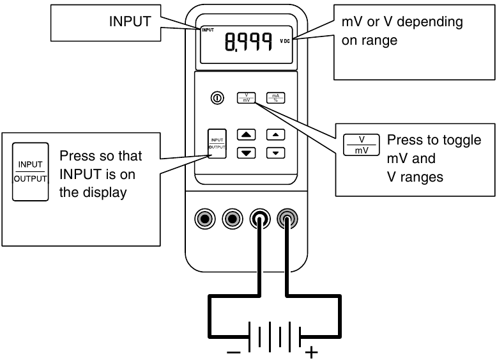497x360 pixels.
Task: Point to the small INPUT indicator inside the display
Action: pyautogui.click(x=208, y=30)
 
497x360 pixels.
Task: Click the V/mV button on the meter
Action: pyautogui.click(x=246, y=98)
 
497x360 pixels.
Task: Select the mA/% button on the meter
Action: pyautogui.click(x=275, y=98)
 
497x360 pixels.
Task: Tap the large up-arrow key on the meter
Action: pyautogui.click(x=247, y=135)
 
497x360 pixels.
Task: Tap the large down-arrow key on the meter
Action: pyautogui.click(x=247, y=153)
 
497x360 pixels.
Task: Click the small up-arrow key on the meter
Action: pyautogui.click(x=275, y=135)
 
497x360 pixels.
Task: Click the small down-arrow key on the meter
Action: pyautogui.click(x=275, y=153)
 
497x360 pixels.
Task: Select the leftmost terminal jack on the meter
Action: pyautogui.click(x=204, y=219)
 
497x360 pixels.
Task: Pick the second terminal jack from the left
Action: pyautogui.click(x=232, y=219)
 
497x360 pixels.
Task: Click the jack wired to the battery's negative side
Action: pyautogui.click(x=259, y=219)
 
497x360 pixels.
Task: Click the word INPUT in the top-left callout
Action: pyautogui.click(x=130, y=22)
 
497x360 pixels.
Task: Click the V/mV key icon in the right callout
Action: pyautogui.click(x=362, y=145)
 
